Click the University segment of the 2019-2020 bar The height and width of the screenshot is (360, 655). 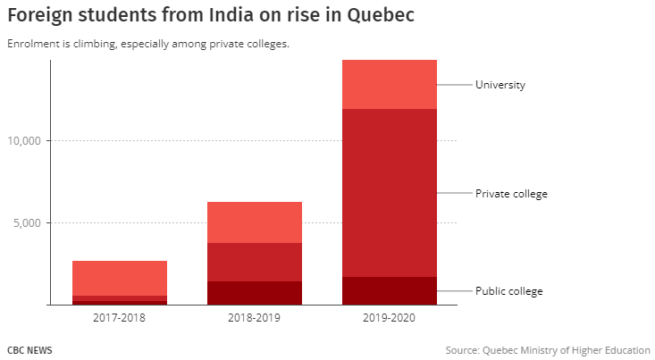point(390,84)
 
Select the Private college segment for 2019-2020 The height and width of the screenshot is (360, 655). point(390,193)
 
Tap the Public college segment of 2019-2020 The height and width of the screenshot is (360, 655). point(390,290)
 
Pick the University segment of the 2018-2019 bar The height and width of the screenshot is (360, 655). point(255,222)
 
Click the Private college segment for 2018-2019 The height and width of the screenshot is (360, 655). point(255,262)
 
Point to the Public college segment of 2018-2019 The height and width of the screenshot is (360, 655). point(255,293)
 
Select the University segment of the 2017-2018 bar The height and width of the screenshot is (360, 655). point(120,278)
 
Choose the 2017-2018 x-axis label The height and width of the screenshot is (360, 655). point(120,318)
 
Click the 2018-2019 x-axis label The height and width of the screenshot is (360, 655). point(255,318)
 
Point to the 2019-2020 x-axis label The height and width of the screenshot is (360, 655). point(390,318)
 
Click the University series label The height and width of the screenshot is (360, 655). point(500,85)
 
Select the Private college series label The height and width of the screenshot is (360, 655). point(511,194)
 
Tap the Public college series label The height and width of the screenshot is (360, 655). point(508,291)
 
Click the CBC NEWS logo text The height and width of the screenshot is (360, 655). point(29,350)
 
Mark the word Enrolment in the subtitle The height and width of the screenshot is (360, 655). point(29,44)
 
